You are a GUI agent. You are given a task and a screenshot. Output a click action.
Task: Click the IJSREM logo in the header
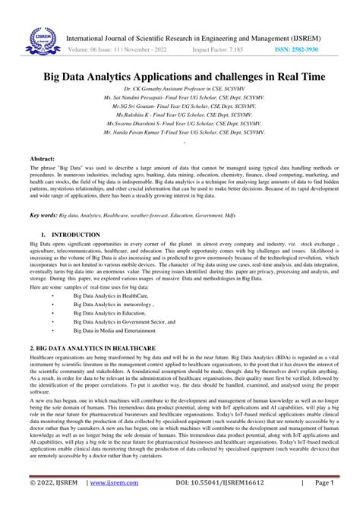point(36,39)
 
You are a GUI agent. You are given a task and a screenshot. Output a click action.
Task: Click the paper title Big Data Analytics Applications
point(179,77)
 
